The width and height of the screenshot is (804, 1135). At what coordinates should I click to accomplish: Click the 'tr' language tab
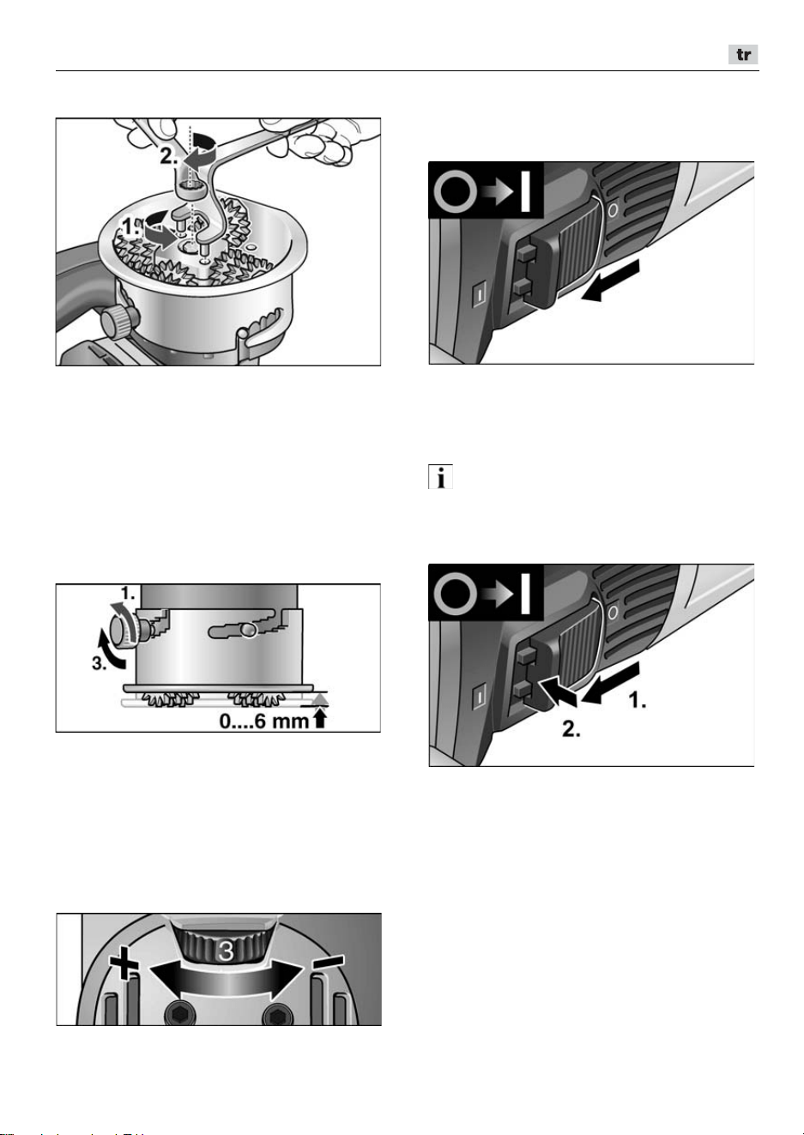tap(743, 55)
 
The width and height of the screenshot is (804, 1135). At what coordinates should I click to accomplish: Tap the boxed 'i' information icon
tap(440, 477)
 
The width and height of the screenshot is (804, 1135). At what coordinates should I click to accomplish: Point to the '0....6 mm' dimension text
tap(264, 721)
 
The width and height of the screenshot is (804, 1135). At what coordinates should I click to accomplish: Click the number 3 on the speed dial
tap(226, 951)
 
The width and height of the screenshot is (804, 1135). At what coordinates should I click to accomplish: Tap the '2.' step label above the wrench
tap(169, 156)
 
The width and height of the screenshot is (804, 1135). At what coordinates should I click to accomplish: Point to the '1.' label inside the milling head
tap(130, 226)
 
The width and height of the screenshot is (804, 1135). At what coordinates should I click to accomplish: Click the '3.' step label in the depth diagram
tap(100, 663)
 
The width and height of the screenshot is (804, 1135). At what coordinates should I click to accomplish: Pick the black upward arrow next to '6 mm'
tap(319, 720)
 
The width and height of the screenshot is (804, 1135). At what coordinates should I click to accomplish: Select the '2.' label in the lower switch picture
tap(571, 729)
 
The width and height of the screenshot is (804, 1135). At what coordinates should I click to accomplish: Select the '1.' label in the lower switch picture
tap(638, 700)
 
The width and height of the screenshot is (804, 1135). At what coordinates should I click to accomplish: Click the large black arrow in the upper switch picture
tap(610, 281)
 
